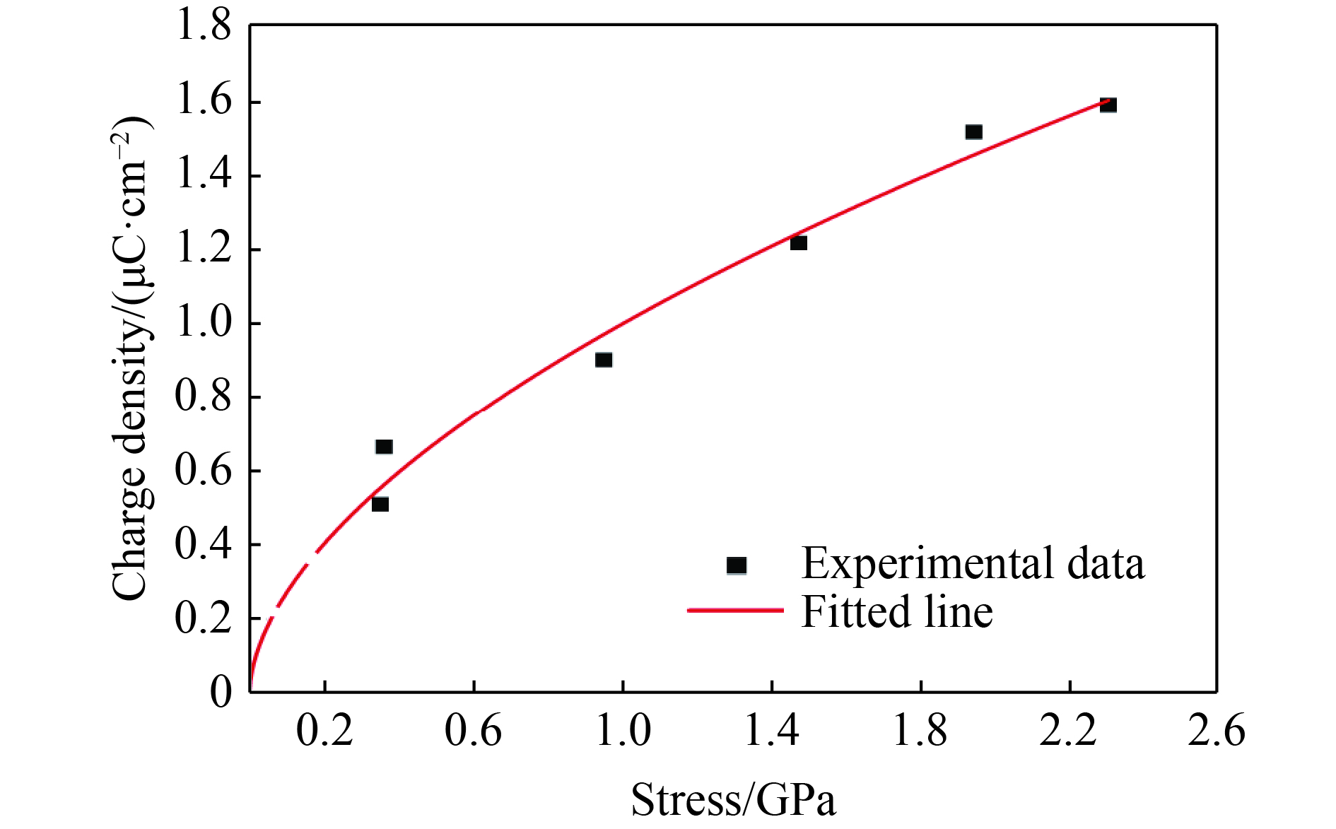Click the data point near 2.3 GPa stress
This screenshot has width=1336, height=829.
pyautogui.click(x=1108, y=105)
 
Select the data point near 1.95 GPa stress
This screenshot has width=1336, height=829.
pyautogui.click(x=973, y=132)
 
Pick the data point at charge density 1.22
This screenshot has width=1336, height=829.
pyautogui.click(x=798, y=243)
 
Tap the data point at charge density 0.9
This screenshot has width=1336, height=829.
pyautogui.click(x=603, y=360)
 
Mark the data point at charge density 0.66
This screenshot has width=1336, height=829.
pyautogui.click(x=384, y=447)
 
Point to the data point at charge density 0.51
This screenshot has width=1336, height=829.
pyautogui.click(x=380, y=504)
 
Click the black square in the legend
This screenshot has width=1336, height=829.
pyautogui.click(x=737, y=565)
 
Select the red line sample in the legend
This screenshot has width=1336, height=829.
pyautogui.click(x=735, y=609)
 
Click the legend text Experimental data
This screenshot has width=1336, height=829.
pyautogui.click(x=973, y=564)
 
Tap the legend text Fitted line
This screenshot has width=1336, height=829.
pyautogui.click(x=896, y=611)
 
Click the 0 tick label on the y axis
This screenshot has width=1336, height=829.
pyautogui.click(x=221, y=692)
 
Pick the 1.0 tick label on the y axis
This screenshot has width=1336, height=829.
pyautogui.click(x=203, y=324)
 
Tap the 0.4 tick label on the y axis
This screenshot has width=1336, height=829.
pyautogui.click(x=203, y=545)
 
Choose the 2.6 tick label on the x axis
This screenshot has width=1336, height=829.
pyautogui.click(x=1217, y=731)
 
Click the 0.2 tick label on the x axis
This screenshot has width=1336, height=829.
pyautogui.click(x=324, y=731)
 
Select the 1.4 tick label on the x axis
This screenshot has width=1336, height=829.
pyautogui.click(x=771, y=731)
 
